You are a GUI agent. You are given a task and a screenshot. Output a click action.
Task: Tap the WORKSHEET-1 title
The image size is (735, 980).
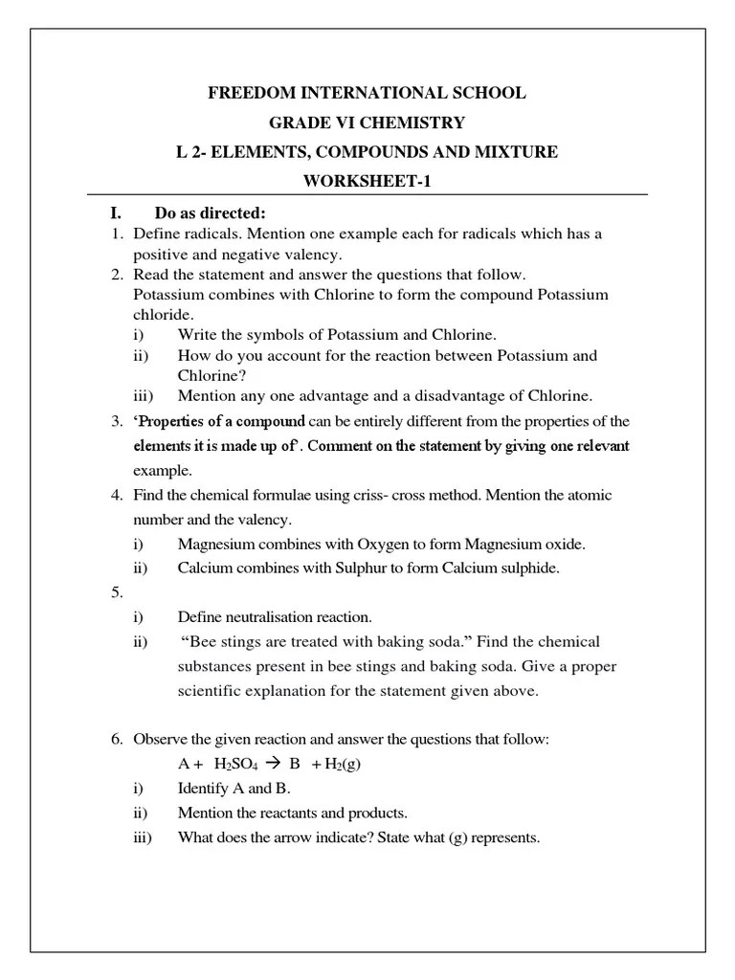tap(367, 182)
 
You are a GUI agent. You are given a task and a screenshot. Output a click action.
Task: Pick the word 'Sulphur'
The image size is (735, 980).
tap(365, 568)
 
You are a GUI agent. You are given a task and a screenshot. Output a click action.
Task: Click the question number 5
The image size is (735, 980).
tap(116, 592)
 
